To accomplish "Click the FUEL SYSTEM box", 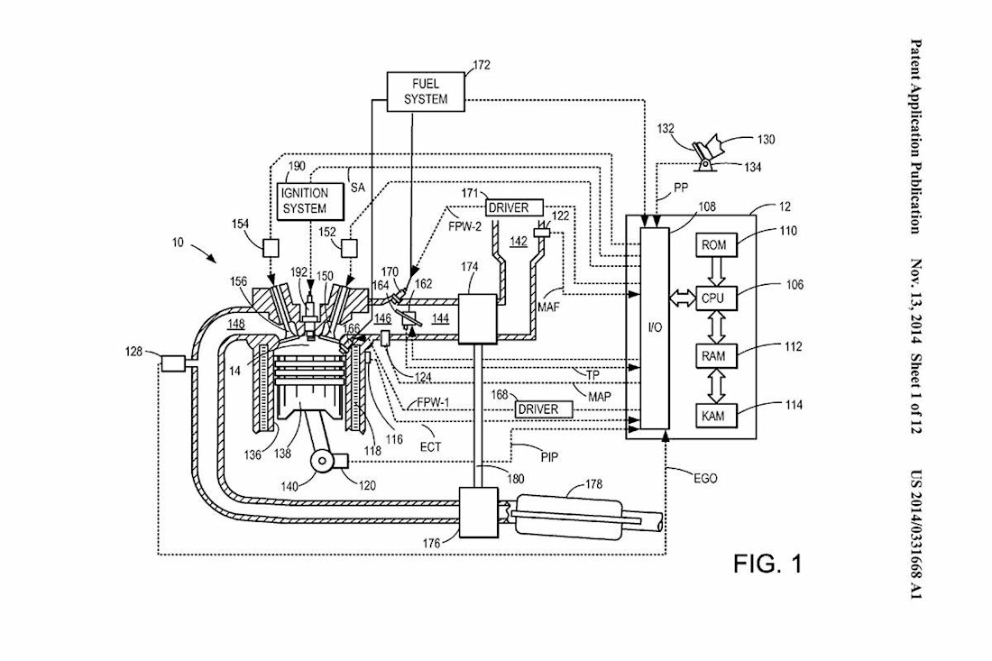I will pyautogui.click(x=426, y=91).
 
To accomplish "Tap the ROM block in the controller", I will pyautogui.click(x=713, y=244).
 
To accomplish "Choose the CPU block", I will pyautogui.click(x=713, y=296).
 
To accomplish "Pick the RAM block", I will pyautogui.click(x=713, y=356).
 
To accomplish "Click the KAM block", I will pyautogui.click(x=713, y=416).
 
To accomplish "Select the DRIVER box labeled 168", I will pyautogui.click(x=537, y=409).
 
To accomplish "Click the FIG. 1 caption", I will pyautogui.click(x=767, y=564).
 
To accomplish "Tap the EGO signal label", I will pyautogui.click(x=704, y=478).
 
